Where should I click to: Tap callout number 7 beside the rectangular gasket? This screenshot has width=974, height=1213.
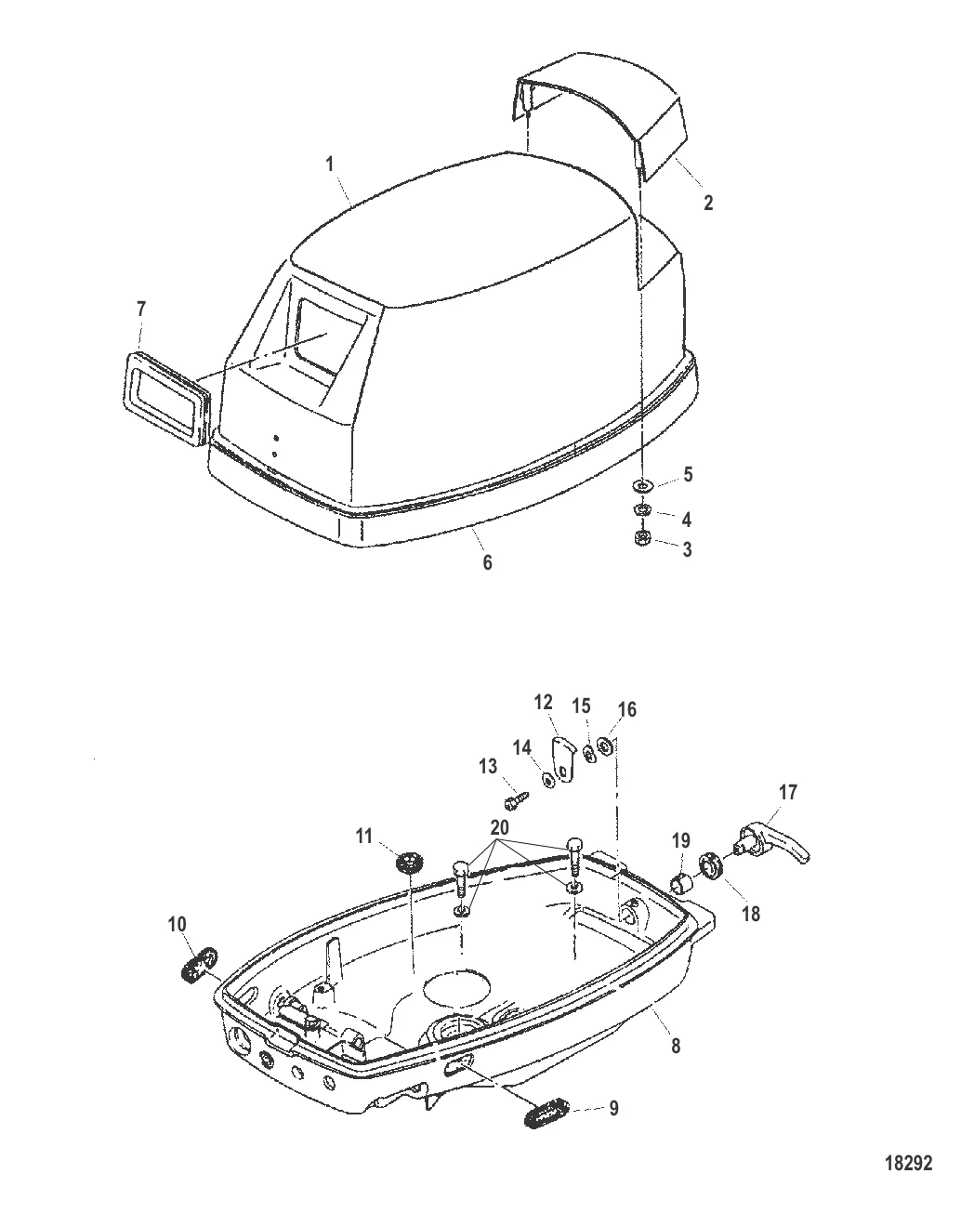141,310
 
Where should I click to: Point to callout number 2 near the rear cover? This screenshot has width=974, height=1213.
709,202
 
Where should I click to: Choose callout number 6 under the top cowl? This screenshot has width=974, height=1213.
486,562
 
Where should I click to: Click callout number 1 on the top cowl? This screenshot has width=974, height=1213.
329,164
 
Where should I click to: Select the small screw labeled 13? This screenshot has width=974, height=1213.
515,798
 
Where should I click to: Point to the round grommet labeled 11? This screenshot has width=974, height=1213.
406,863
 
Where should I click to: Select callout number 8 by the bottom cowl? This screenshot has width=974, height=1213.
676,1045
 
